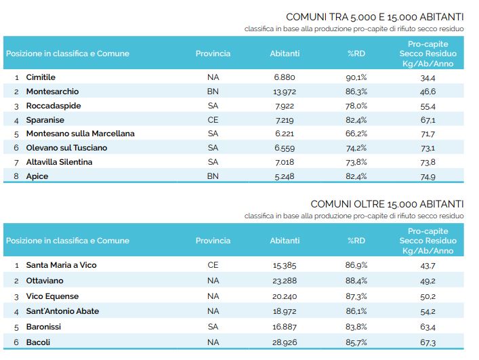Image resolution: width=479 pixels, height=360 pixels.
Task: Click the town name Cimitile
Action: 41,77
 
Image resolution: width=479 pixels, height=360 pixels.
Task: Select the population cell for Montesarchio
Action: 285,92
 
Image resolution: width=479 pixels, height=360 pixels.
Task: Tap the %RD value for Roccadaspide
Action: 356,106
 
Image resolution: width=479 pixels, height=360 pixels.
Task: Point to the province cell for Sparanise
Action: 213,120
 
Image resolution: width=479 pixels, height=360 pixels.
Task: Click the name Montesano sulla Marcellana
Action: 81,134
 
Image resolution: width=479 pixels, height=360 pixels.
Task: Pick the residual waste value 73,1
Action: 428,148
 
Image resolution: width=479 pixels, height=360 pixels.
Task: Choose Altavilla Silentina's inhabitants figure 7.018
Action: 285,162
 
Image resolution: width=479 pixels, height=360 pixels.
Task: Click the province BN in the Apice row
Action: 213,176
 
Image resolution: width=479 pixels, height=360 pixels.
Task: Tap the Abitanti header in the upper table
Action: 285,54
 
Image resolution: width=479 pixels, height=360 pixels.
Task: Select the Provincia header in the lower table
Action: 213,241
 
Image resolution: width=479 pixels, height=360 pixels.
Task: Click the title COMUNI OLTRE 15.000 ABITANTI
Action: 387,204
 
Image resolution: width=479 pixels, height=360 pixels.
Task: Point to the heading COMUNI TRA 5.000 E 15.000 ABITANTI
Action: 375,17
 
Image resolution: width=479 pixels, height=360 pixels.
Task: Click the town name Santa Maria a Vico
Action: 62,265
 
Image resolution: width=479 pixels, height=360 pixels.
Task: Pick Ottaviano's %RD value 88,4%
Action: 356,281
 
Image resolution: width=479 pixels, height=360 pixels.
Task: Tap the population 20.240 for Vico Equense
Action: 285,296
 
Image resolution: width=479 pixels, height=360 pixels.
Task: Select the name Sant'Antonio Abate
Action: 62,311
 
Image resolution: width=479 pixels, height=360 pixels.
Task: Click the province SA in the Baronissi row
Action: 213,327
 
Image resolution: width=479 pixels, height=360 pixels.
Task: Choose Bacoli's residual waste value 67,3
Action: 428,342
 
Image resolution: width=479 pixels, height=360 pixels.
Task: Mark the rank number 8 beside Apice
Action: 16,176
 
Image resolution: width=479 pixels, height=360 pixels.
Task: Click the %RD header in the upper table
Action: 356,54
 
